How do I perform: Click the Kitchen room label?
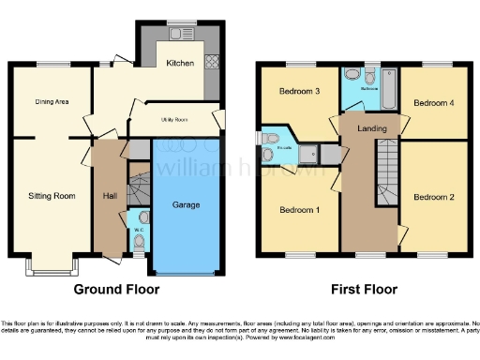click(x=180, y=64)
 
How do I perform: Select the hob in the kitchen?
click(x=212, y=62)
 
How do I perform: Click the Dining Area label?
click(x=52, y=101)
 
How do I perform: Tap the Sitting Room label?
click(x=51, y=196)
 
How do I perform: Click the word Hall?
click(x=109, y=196)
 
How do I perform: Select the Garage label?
click(x=187, y=203)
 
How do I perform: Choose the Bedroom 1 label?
click(x=300, y=210)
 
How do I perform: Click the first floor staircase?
click(x=386, y=164)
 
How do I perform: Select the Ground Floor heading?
click(x=115, y=289)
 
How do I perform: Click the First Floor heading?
click(x=364, y=289)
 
